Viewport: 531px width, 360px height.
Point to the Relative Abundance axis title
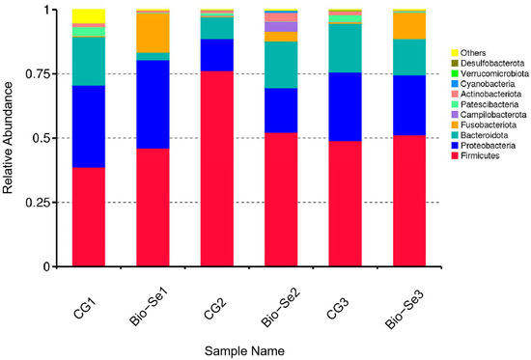coord(9,137)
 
